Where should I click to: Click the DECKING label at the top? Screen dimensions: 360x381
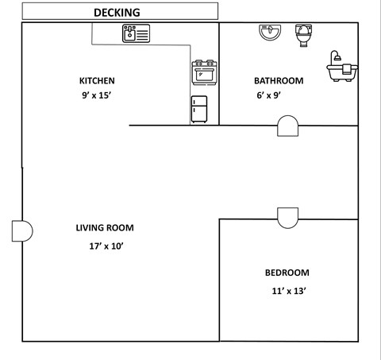tap(117, 12)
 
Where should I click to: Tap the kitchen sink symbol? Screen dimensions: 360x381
tap(135, 33)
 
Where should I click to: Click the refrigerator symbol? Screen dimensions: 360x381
tap(199, 110)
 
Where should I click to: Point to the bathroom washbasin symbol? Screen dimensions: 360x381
tap(270, 33)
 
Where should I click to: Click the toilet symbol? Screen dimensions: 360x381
tap(302, 34)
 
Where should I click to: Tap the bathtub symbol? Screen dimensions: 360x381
tap(341, 70)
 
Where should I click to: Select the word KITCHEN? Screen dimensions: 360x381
tap(97, 80)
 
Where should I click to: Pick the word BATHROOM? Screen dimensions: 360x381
tap(278, 80)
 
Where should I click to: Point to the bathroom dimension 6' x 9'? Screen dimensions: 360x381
tap(267, 95)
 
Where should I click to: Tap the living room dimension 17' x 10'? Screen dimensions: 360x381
tap(106, 246)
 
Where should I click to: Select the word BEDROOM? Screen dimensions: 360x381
tap(288, 273)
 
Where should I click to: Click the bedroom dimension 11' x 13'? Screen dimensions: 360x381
tap(288, 291)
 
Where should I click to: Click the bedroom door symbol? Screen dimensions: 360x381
tap(287, 215)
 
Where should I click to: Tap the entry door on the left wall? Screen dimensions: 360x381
tap(22, 230)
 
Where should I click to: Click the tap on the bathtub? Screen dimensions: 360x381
tap(337, 57)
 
